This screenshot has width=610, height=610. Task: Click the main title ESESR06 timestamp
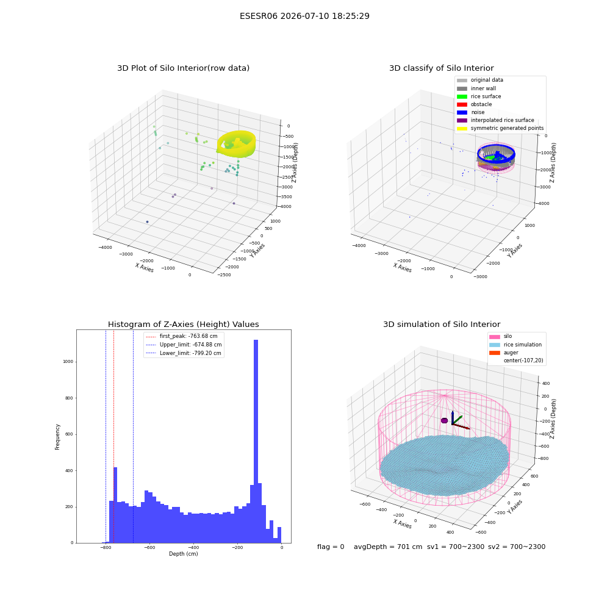304,16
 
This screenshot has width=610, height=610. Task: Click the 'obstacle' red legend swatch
462,104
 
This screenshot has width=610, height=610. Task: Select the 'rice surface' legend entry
479,96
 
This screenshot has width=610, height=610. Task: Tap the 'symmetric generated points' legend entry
500,128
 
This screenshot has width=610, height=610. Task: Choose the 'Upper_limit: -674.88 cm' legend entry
184,345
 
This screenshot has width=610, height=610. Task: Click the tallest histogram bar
256,441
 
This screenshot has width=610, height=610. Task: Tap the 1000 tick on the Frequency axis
68,362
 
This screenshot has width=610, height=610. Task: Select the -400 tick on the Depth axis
193,548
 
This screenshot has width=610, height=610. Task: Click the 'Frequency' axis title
57,437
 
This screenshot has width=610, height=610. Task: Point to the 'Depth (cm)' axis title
184,554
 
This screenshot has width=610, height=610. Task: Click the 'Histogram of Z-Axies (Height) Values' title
183,325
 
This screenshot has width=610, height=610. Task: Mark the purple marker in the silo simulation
444,420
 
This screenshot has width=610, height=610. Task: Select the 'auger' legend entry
504,353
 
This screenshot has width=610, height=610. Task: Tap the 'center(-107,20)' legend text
523,361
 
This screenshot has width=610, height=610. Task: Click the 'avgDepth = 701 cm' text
388,547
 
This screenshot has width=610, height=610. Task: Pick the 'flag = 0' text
331,547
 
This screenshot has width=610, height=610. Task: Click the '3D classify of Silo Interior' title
442,68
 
